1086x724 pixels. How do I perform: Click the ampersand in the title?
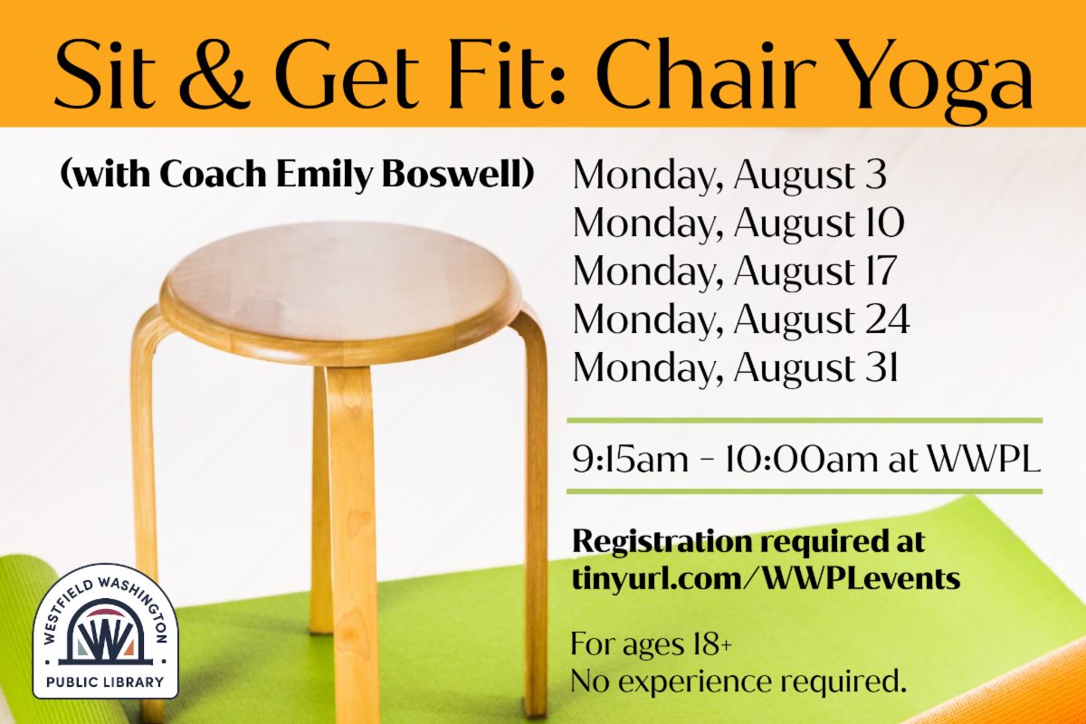click(215, 72)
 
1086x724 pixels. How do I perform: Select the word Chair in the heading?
click(706, 72)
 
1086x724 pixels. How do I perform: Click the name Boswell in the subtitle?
click(458, 174)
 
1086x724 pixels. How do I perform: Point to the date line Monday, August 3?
click(729, 176)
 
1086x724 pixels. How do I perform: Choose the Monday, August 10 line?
click(738, 224)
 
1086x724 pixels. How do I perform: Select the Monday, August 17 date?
click(735, 271)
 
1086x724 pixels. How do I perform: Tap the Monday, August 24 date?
click(741, 320)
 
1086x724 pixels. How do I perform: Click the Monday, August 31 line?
click(736, 368)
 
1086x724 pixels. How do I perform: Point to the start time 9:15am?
click(630, 458)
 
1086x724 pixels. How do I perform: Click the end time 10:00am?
click(801, 458)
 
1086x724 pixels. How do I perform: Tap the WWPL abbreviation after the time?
click(985, 458)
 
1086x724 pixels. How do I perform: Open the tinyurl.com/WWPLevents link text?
click(766, 578)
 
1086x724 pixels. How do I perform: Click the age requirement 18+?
click(713, 644)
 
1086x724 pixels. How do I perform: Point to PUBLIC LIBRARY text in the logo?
click(105, 682)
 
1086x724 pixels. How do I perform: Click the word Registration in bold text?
click(662, 541)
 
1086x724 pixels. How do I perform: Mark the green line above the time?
click(805, 421)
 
